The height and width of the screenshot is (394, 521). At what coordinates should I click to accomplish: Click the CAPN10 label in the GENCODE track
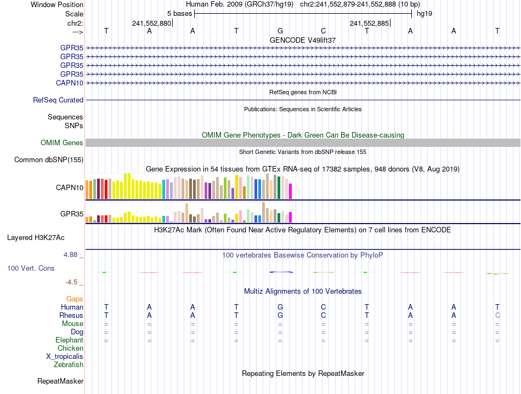point(70,83)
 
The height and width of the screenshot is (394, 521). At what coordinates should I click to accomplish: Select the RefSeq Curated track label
point(58,100)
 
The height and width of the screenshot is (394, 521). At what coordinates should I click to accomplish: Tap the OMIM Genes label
point(62,143)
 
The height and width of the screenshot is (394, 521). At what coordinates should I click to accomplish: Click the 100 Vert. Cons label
point(31,269)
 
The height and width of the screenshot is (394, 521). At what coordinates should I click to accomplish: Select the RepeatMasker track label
point(60,381)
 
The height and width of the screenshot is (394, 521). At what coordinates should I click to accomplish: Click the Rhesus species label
point(71,316)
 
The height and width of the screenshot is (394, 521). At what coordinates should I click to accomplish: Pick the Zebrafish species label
point(69,365)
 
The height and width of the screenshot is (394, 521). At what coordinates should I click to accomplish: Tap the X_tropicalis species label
point(65,357)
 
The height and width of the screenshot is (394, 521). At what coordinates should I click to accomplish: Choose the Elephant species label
point(69,340)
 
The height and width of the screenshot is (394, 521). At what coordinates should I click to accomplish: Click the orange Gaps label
point(75,299)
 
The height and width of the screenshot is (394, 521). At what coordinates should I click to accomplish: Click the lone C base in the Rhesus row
point(497,316)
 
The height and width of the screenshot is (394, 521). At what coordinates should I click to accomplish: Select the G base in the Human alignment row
point(280,307)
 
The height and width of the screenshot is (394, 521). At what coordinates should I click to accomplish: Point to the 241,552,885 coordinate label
point(369,24)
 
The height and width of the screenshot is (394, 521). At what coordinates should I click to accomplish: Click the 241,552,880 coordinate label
point(151,24)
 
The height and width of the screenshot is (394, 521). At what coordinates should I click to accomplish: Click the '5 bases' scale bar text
point(180,13)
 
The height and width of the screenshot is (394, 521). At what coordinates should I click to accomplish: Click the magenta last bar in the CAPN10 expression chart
point(291,191)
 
